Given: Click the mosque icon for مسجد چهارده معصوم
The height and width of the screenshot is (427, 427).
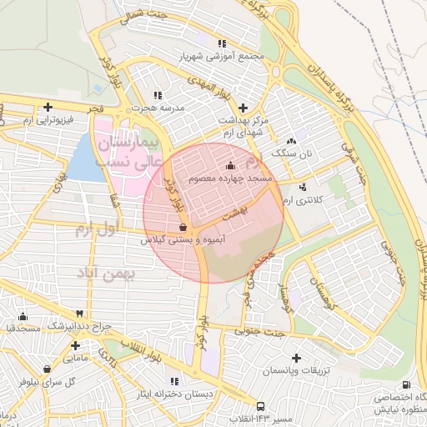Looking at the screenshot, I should pos(230,166).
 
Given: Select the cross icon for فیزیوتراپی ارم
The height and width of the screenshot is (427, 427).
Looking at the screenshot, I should pos(48,107).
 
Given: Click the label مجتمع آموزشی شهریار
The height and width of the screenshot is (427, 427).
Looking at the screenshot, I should pos(220,57).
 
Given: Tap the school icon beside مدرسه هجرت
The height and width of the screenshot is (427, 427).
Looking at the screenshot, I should pos(158,96).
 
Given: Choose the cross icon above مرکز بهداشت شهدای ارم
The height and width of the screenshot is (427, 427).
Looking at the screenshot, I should pos(243,108).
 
